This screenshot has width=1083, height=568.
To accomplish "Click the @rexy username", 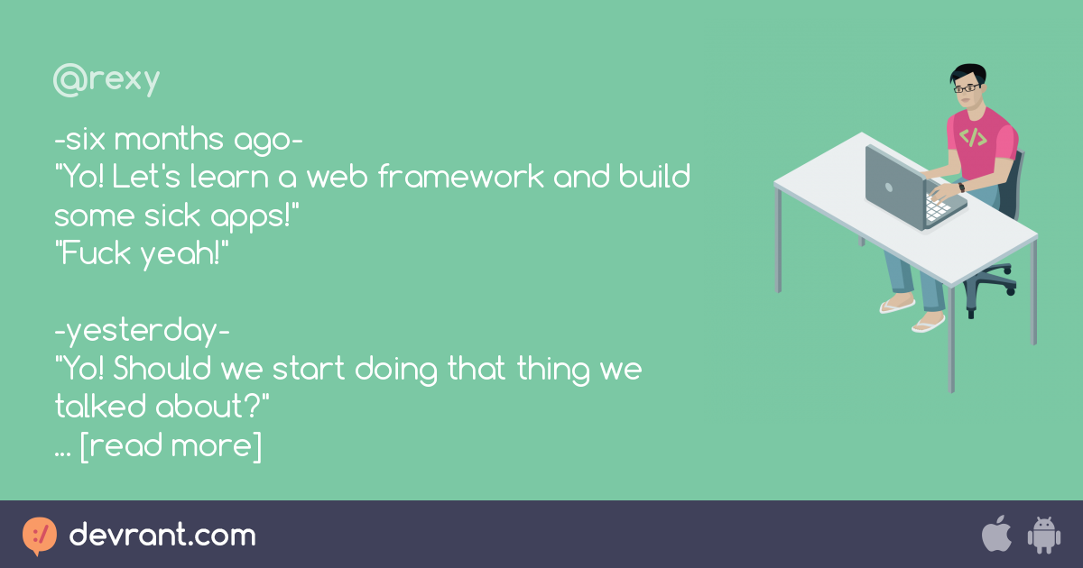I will tap(106, 81).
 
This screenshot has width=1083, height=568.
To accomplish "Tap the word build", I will tap(653, 177).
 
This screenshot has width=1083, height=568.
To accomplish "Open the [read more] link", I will tap(171, 446).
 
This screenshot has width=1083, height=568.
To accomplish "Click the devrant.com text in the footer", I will tap(162, 536).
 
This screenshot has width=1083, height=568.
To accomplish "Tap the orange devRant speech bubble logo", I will tap(40, 536).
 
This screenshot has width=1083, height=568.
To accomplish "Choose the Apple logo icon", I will tap(996, 534).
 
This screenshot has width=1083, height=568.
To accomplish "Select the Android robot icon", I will tap(1043, 535).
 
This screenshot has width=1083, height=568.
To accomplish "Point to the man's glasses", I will tap(967, 88).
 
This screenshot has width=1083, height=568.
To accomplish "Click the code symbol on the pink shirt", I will tap(973, 138).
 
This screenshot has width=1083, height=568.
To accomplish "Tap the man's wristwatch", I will tap(961, 187).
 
